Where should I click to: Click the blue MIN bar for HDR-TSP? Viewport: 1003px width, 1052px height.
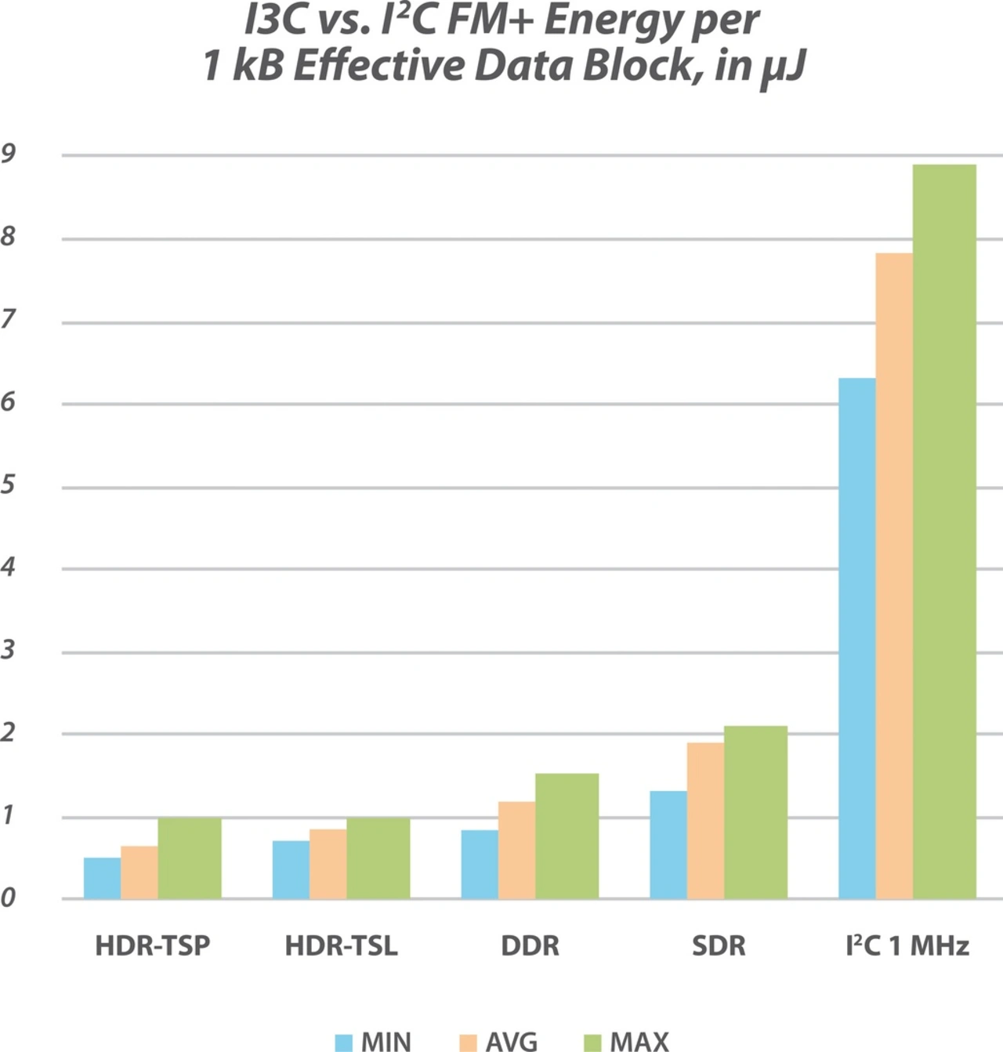[x=102, y=878]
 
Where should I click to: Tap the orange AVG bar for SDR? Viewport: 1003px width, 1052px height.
[x=705, y=820]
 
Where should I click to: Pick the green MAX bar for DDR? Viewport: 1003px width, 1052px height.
[x=567, y=836]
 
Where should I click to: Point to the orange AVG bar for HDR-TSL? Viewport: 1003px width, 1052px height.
[x=328, y=863]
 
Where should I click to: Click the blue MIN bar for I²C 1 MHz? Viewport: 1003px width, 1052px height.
[x=856, y=638]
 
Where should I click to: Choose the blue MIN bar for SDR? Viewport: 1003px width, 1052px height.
[x=668, y=844]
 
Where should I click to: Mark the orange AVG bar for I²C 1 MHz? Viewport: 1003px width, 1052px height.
[x=893, y=575]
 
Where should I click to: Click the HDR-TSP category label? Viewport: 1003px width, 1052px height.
[x=153, y=945]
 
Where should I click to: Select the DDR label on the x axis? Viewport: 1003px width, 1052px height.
[x=530, y=945]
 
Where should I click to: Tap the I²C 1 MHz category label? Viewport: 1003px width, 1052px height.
[x=907, y=945]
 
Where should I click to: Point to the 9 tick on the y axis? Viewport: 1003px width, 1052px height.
[x=9, y=154]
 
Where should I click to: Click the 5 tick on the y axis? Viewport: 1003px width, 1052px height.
[x=9, y=484]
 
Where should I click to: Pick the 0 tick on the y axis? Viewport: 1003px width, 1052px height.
[x=9, y=898]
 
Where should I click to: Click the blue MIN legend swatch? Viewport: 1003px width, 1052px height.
[x=343, y=1043]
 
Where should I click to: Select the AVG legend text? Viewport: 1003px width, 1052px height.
[x=512, y=1042]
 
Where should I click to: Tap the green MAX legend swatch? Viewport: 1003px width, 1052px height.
[x=592, y=1043]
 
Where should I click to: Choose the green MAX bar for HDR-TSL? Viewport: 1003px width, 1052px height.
[x=378, y=858]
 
